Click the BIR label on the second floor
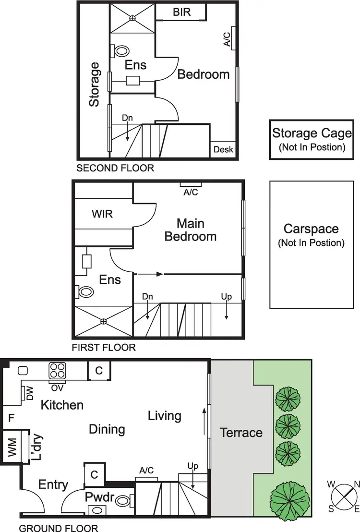point(181,12)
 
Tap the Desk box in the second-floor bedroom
point(223,149)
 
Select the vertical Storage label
point(94,85)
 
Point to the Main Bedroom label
point(191,230)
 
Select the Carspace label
point(312,235)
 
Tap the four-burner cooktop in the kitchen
point(58,370)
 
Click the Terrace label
point(241,433)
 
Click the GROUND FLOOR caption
point(59,528)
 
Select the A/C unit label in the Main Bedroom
point(191,192)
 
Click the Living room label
point(164,415)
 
